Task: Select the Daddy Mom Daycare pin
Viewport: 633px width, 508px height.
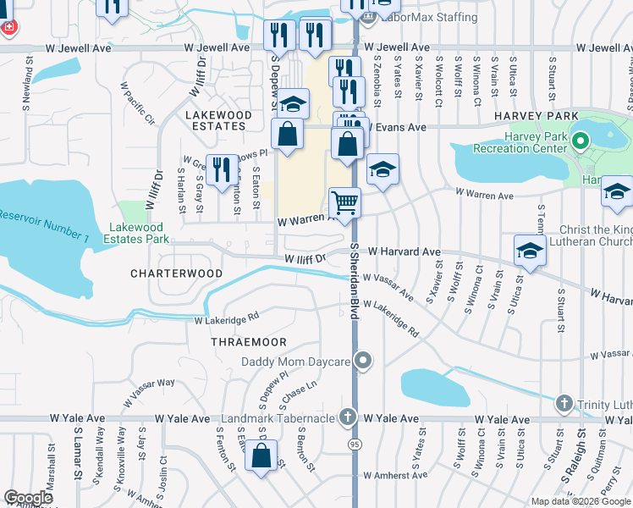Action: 364,362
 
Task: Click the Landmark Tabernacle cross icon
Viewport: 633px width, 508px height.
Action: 347,418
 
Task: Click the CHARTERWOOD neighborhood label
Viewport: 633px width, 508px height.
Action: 177,273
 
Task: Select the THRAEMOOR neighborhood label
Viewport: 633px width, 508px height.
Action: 249,342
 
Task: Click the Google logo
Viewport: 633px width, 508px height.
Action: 28,498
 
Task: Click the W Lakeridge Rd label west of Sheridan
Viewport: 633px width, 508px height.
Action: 226,320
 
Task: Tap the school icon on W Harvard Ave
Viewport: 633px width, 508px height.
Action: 530,251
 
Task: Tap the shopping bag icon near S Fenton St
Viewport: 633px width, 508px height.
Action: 261,456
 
